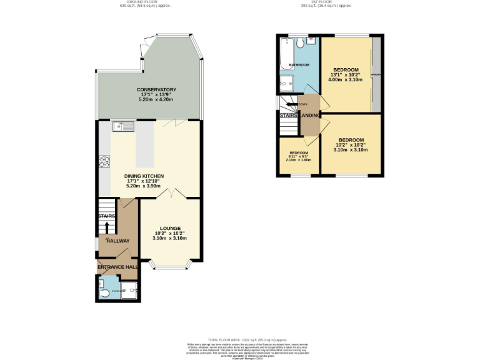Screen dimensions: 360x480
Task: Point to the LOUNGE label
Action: click(170, 228)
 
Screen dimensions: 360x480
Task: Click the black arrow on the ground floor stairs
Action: click(106, 226)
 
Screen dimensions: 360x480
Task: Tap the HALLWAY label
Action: click(117, 241)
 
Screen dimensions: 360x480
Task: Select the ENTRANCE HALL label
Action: click(117, 267)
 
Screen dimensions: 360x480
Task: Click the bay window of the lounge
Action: click(170, 267)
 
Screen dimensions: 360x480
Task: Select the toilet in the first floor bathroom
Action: click(301, 42)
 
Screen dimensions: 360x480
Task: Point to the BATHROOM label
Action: click(299, 65)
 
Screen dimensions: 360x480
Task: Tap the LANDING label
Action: click(311, 116)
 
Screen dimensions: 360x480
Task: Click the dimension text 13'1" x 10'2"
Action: click(346, 75)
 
